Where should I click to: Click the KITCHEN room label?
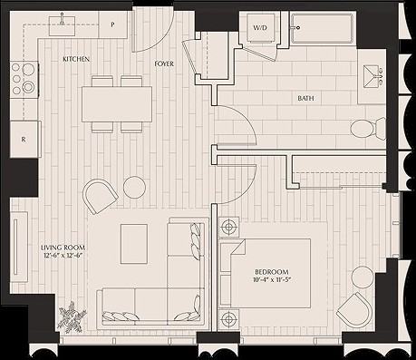pyautogui.click(x=76, y=59)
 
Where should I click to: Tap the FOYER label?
pyautogui.click(x=164, y=63)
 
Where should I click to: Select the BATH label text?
pyautogui.click(x=305, y=98)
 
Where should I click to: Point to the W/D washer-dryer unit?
pyautogui.click(x=260, y=28)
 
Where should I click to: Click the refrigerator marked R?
pyautogui.click(x=25, y=139)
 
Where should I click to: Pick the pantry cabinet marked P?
pyautogui.click(x=112, y=24)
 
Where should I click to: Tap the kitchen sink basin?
pyautogui.click(x=62, y=26)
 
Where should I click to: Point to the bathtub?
pyautogui.click(x=322, y=28)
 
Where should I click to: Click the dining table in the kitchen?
pyautogui.click(x=117, y=104)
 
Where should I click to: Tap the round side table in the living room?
pyautogui.click(x=135, y=188)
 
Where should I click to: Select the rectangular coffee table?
pyautogui.click(x=134, y=244)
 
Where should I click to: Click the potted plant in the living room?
pyautogui.click(x=73, y=317)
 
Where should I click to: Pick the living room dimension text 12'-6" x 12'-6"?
pyautogui.click(x=63, y=255)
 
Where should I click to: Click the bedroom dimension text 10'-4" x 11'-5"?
pyautogui.click(x=272, y=279)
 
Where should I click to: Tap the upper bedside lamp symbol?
pyautogui.click(x=230, y=227)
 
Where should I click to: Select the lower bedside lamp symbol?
pyautogui.click(x=230, y=318)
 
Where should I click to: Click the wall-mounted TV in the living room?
pyautogui.click(x=15, y=247)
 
